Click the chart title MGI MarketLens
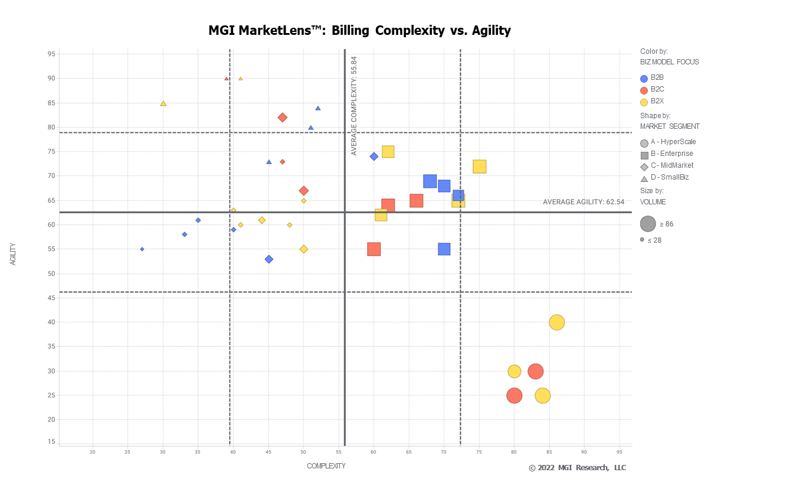pyautogui.click(x=359, y=30)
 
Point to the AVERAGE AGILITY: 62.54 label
pyautogui.click(x=581, y=202)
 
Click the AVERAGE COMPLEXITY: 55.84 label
pyautogui.click(x=354, y=106)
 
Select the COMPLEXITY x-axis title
pyautogui.click(x=326, y=466)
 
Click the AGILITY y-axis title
pyautogui.click(x=13, y=253)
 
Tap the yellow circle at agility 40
pyautogui.click(x=556, y=323)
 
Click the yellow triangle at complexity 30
pyautogui.click(x=163, y=103)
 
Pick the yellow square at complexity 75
pyautogui.click(x=479, y=167)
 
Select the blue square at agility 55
pyautogui.click(x=444, y=249)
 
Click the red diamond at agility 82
pyautogui.click(x=283, y=118)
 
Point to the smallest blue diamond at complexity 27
pyautogui.click(x=142, y=249)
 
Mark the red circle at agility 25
pyautogui.click(x=515, y=396)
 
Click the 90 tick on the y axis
pyautogui.click(x=51, y=79)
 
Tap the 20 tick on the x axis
pyautogui.click(x=93, y=452)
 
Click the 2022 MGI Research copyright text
pyautogui.click(x=577, y=468)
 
